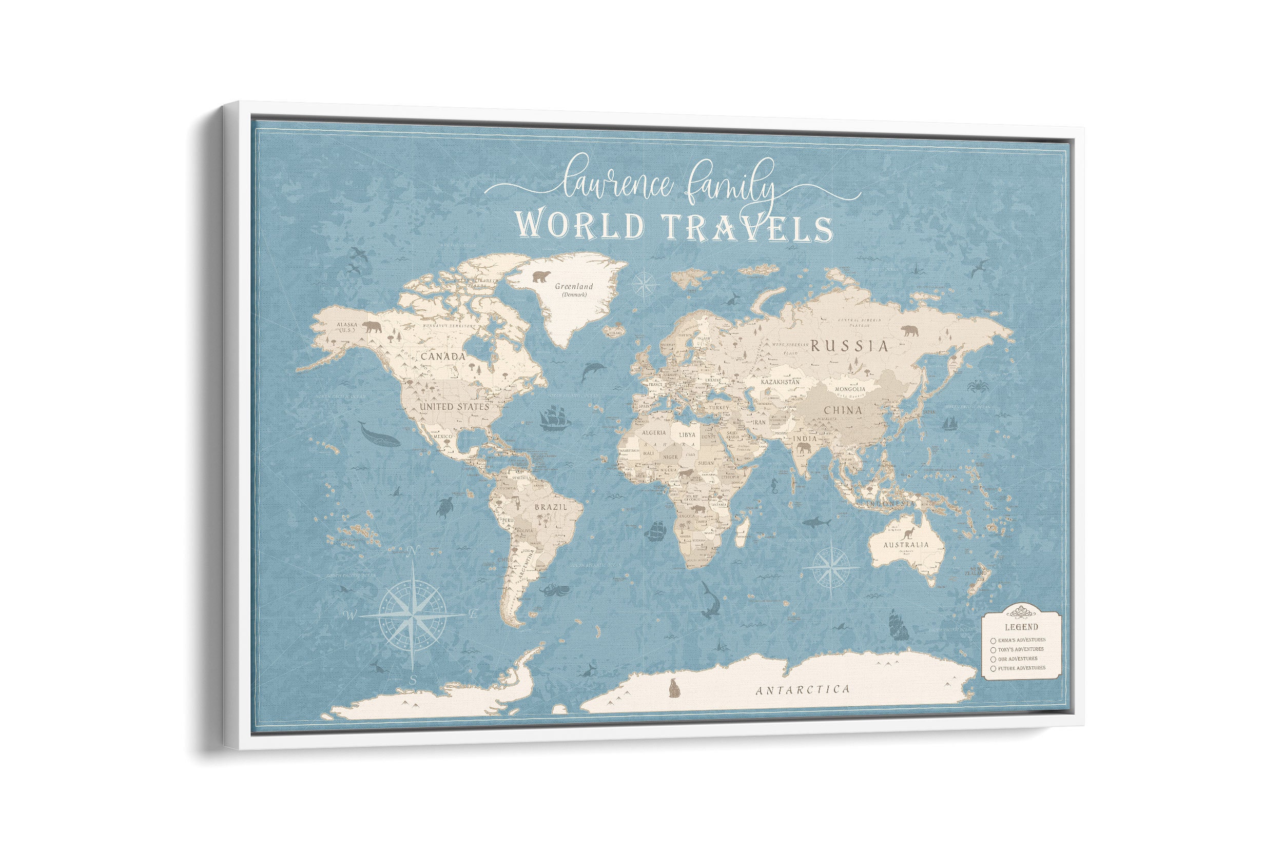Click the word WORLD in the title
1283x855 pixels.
(x=580, y=225)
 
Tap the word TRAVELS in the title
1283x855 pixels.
(x=748, y=228)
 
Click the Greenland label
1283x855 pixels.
(x=573, y=286)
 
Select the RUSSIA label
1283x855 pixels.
(x=849, y=346)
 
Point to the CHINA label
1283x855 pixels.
(x=843, y=410)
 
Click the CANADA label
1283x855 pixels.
(x=443, y=356)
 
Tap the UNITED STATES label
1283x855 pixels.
(x=454, y=407)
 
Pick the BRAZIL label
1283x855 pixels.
(x=550, y=507)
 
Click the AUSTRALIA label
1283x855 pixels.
(x=905, y=545)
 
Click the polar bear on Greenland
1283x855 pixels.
(x=540, y=276)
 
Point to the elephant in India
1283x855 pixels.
(x=803, y=449)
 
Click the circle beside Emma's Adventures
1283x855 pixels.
(x=994, y=641)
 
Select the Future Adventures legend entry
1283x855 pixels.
(x=1021, y=668)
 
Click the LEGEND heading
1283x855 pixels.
(x=1021, y=627)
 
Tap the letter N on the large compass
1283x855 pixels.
(x=413, y=551)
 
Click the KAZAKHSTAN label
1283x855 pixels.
(x=780, y=382)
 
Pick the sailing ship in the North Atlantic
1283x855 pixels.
(x=555, y=418)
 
